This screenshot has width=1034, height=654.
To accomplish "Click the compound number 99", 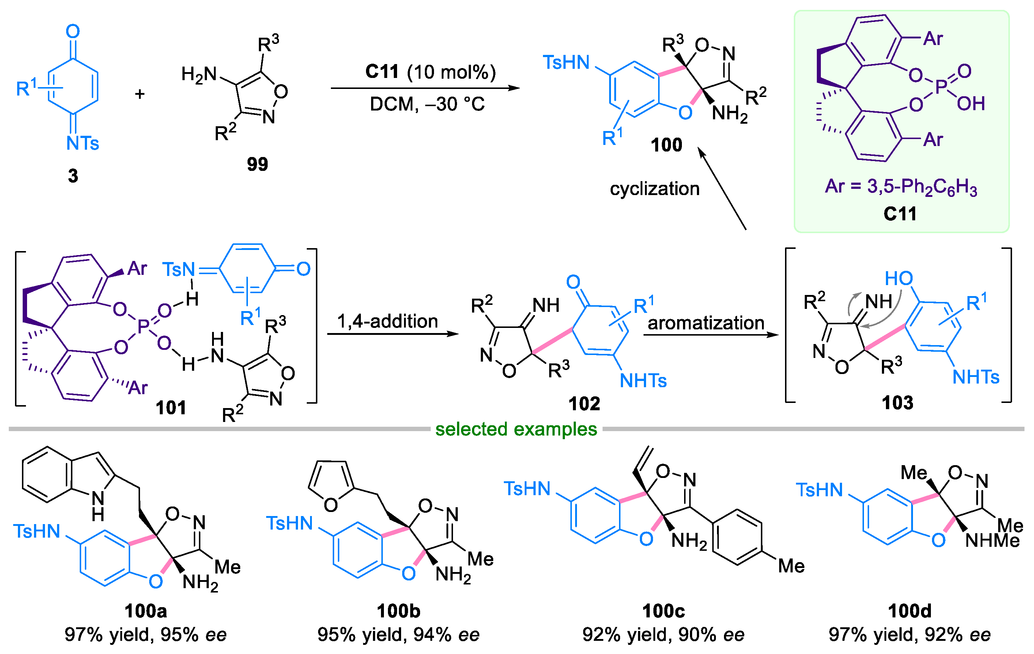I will tap(257, 164).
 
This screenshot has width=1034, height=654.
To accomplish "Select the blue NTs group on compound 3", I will tap(82, 143).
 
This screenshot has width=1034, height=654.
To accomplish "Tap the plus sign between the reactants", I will tap(140, 94).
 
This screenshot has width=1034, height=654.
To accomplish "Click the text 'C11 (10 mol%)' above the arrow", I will tap(430, 72).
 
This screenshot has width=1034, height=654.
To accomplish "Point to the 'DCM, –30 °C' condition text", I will tap(427, 104).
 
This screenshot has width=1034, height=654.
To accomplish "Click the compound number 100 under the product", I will tap(666, 145).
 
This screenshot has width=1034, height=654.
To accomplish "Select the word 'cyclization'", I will tap(654, 188).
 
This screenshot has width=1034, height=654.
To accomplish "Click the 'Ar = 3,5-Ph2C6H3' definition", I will tap(901, 187).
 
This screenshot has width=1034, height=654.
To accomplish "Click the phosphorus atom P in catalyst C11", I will tap(941, 87).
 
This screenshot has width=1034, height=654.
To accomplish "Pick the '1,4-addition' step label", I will tap(387, 321).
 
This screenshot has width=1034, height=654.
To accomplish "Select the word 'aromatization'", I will tap(706, 323).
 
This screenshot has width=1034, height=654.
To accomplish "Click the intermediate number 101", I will tap(170, 407).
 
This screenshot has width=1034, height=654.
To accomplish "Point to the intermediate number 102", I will tap(584, 403).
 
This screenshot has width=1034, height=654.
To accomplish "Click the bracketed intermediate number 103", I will tap(898, 403).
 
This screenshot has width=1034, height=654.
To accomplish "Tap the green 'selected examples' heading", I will tap(516, 429).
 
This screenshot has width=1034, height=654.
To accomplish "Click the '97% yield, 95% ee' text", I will tap(146, 635).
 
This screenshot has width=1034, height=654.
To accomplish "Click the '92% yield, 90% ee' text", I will tap(663, 635).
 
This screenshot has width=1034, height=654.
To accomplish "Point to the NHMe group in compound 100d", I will tap(992, 540).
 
